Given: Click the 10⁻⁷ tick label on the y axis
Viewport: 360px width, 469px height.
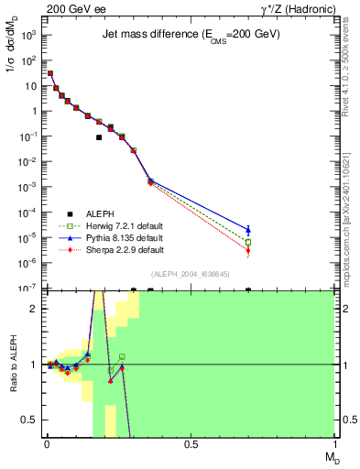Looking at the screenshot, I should click(28, 289).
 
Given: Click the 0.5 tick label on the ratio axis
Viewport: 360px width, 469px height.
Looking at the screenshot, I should click(29, 420).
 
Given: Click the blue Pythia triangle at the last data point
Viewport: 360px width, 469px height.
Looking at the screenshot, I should click(248, 229).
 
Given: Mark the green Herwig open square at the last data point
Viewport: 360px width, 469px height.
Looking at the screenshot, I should click(248, 242).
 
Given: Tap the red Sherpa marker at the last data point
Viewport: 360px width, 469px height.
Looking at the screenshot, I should click(248, 251).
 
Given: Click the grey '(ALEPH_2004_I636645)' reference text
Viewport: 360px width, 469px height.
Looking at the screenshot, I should click(190, 276).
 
